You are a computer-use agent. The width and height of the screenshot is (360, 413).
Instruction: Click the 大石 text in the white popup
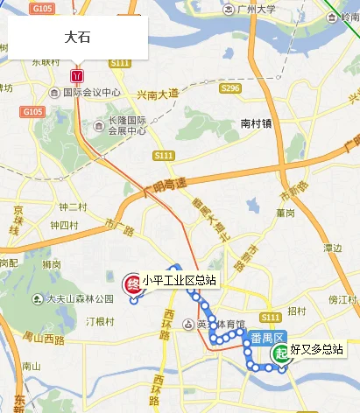[x=78, y=38]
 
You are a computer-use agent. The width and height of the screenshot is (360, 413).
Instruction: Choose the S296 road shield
[x=230, y=88]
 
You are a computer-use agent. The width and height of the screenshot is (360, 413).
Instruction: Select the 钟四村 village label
[x=63, y=225]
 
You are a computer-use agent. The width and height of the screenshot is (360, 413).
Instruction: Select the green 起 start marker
[x=280, y=353]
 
